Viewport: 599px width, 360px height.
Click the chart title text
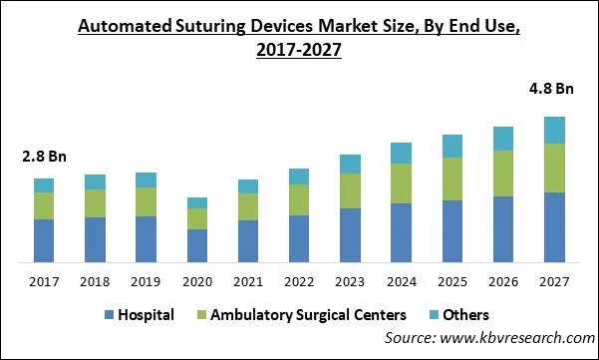click(299, 38)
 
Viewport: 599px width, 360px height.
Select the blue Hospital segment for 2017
click(44, 240)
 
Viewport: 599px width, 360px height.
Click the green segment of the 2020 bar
click(197, 218)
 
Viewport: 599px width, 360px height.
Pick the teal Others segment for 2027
click(555, 130)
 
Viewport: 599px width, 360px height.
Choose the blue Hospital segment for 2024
click(402, 232)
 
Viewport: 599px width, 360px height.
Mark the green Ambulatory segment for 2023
click(350, 190)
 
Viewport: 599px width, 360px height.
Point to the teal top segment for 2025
click(452, 146)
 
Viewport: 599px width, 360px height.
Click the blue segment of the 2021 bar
click(248, 241)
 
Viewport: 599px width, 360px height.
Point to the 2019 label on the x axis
click(146, 282)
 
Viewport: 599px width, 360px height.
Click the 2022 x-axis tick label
click(299, 282)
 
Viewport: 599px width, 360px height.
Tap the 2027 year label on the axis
click(555, 282)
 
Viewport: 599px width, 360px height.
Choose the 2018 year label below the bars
click(95, 282)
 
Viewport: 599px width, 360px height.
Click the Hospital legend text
click(146, 315)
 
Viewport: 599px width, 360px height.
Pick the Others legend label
click(465, 315)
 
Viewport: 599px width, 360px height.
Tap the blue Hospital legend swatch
click(108, 315)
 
